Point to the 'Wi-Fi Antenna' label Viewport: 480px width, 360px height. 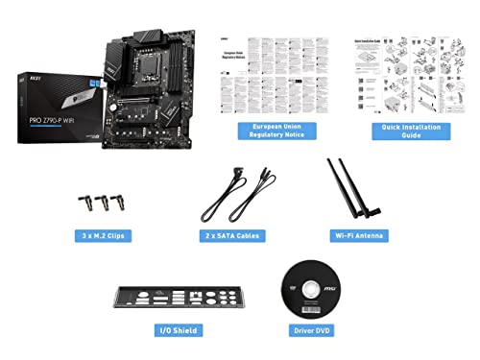tap(352, 234)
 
